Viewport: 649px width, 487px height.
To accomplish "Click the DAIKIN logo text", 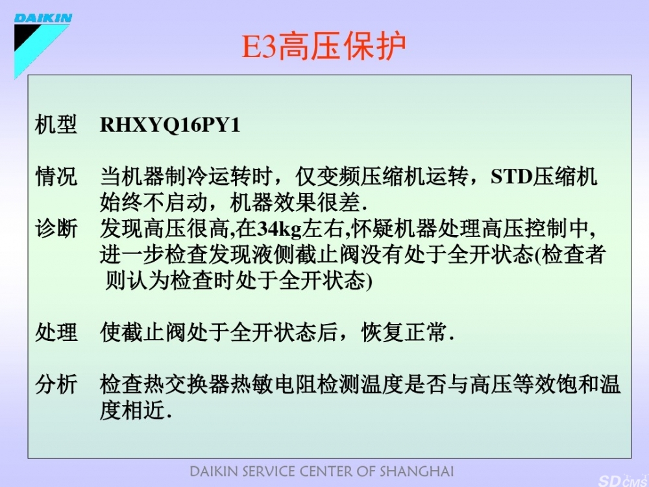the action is [x=43, y=18].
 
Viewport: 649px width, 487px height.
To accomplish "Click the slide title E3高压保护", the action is [x=324, y=45].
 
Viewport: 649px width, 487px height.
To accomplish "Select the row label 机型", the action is [x=56, y=124].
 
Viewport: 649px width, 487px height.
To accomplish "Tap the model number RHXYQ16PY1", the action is [x=170, y=125].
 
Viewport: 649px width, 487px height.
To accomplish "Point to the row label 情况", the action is [x=56, y=177].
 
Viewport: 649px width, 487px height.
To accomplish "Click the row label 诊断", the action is [x=56, y=229].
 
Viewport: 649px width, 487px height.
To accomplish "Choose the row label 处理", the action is [x=56, y=332].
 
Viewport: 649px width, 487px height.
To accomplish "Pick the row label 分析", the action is [x=56, y=384].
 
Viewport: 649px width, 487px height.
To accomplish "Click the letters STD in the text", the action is [x=511, y=177].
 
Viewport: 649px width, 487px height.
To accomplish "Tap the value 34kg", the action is [x=280, y=229].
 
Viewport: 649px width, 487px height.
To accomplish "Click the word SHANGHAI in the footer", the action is [x=417, y=471].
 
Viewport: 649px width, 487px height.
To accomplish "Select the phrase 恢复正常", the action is [x=404, y=332].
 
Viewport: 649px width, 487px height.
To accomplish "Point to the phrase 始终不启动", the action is [x=154, y=203].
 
